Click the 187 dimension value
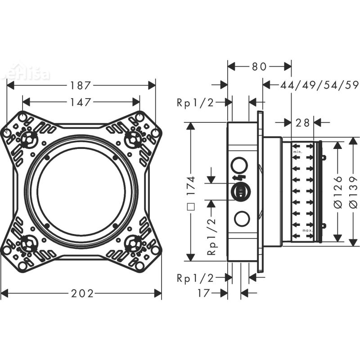[x=81, y=85]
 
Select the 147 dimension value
[x=81, y=102]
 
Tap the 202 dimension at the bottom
[x=83, y=293]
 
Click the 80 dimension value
[x=259, y=67]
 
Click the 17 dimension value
[x=204, y=293]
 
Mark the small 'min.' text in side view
[x=297, y=153]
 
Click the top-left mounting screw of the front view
[x=30, y=136]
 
